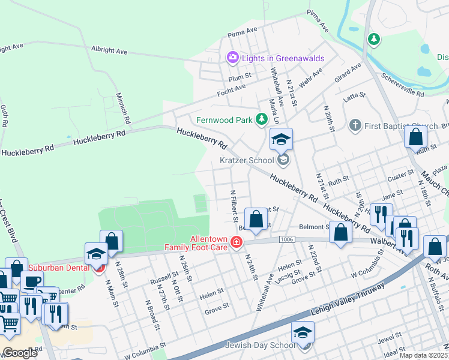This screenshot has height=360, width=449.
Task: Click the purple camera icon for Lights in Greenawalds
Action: coord(232,58)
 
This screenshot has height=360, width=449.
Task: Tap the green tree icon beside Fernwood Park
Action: coord(261,120)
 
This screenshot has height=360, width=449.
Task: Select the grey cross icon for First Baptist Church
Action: coord(355,126)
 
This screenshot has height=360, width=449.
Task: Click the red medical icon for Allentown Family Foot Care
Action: coord(237,242)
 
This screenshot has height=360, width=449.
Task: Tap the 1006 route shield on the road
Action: coord(286,239)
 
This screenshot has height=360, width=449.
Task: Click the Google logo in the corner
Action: coord(20,353)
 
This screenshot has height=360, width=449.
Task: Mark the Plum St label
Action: coord(239,77)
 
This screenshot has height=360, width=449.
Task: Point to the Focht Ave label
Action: coord(231,88)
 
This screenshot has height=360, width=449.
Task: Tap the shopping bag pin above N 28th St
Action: coord(111,241)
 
